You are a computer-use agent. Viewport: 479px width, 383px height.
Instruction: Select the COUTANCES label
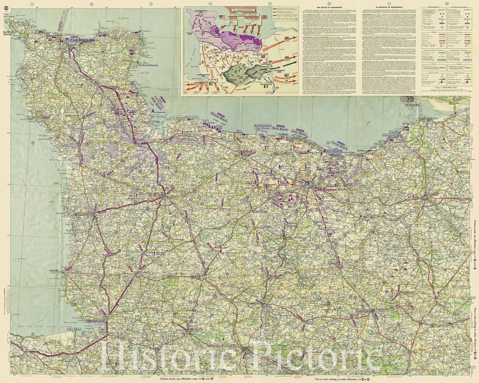(85, 214)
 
